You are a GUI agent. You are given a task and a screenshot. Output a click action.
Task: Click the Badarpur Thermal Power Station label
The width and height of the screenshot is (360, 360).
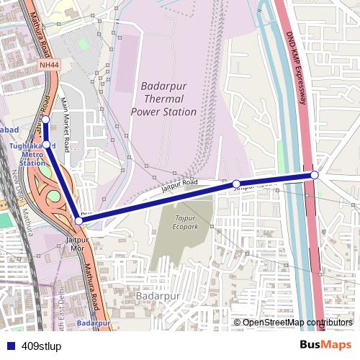[x=163, y=99]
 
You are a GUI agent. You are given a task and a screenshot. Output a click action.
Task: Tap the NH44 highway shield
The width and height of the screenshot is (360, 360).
[x=48, y=65]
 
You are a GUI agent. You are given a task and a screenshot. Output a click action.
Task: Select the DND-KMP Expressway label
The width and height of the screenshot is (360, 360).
[x=297, y=69]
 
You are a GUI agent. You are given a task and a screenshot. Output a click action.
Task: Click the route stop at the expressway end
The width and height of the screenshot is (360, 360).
[x=315, y=175]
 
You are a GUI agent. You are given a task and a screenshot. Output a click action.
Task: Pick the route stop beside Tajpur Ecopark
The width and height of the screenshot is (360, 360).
[x=236, y=184]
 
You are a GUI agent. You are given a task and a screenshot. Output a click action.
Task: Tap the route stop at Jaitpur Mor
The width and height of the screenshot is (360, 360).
[x=78, y=220]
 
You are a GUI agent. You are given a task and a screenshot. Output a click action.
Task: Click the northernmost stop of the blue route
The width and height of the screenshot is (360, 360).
[x=45, y=119]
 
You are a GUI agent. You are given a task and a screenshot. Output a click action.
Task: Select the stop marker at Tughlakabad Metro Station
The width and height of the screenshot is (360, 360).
[x=47, y=145]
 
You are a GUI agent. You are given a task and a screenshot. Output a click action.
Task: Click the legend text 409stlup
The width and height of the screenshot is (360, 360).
[x=41, y=346]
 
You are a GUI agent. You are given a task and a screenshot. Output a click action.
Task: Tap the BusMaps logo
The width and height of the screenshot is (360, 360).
[x=325, y=344]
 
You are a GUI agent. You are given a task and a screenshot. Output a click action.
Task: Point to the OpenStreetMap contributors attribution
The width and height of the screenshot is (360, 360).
[x=297, y=323]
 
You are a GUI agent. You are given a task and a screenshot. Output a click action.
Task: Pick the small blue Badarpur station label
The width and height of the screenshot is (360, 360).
[x=93, y=323]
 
